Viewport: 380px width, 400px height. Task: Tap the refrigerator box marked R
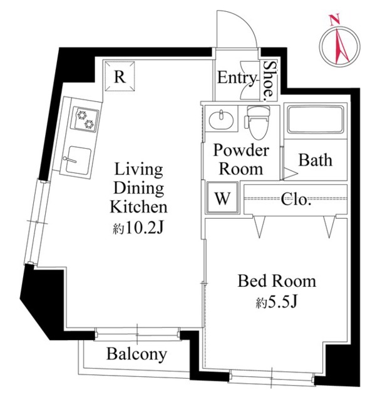click(121, 77)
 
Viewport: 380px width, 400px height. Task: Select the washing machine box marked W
click(221, 199)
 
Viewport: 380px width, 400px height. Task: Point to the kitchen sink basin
click(79, 159)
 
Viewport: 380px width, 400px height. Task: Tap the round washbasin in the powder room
click(220, 119)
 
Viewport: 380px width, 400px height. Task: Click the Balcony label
click(136, 355)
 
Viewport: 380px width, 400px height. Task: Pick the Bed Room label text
click(276, 281)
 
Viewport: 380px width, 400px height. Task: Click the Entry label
click(237, 78)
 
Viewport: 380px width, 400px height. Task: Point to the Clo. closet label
click(295, 200)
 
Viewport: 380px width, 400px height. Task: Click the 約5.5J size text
click(275, 303)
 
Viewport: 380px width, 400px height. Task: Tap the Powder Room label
click(238, 160)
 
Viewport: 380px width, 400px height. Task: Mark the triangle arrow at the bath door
click(290, 171)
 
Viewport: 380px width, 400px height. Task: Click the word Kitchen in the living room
click(138, 206)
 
